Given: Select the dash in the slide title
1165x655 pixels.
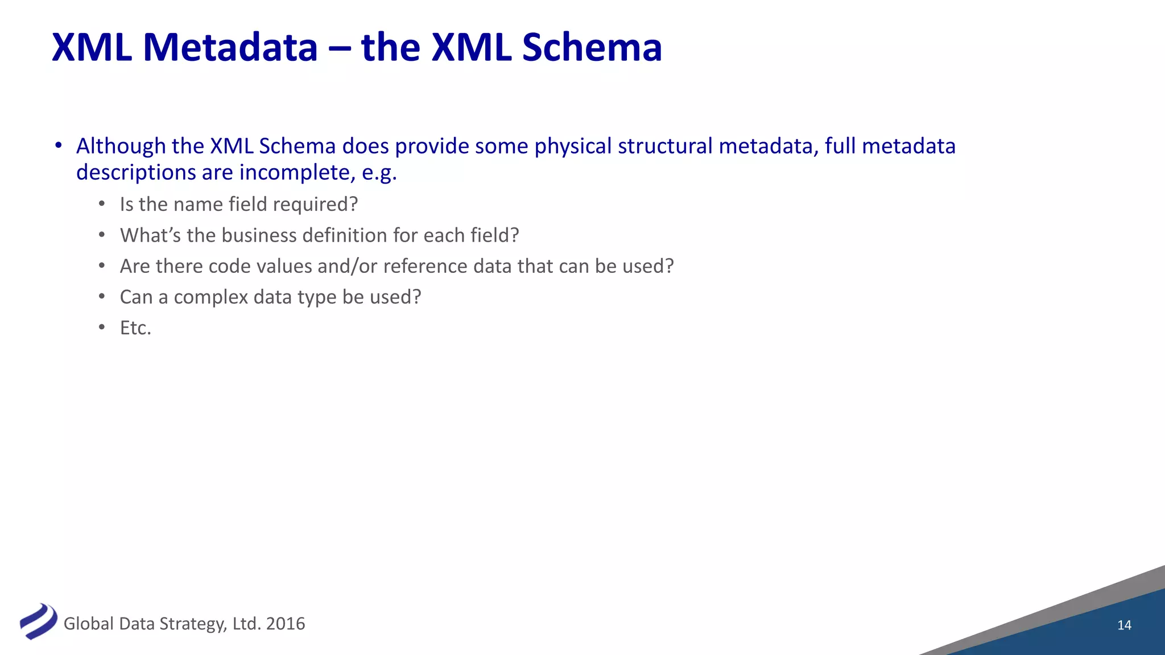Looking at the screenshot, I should coord(339,49).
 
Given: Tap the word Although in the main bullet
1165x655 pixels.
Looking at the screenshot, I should coord(121,147).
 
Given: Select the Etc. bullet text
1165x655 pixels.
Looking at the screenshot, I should coord(135,328).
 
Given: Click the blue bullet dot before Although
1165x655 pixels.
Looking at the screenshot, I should coord(58,146).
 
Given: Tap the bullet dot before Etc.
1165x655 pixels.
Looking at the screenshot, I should coord(102,327).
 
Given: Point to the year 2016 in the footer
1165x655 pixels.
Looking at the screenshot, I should coord(286,624).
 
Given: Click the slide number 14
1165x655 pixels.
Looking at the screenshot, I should coord(1124,625).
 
